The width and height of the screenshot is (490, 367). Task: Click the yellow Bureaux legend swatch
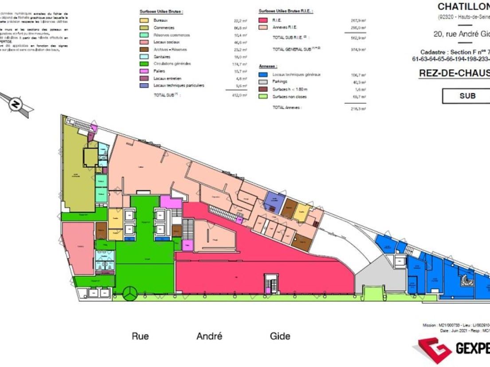coord(144,21)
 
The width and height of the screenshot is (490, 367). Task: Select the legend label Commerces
coord(164,28)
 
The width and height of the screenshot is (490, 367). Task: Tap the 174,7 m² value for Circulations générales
coord(239,64)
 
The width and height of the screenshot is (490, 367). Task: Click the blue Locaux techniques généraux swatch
coord(263,75)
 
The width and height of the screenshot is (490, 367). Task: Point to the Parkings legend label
coord(280,82)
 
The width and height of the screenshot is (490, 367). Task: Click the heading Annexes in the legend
coord(268,66)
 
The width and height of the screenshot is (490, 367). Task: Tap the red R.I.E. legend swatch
coord(263,21)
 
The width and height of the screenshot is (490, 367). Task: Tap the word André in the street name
coord(209,336)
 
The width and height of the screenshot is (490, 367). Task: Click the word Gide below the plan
coord(280,336)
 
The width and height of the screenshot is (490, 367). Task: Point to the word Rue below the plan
coord(140,336)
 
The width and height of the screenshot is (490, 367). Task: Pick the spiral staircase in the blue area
coord(466,279)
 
